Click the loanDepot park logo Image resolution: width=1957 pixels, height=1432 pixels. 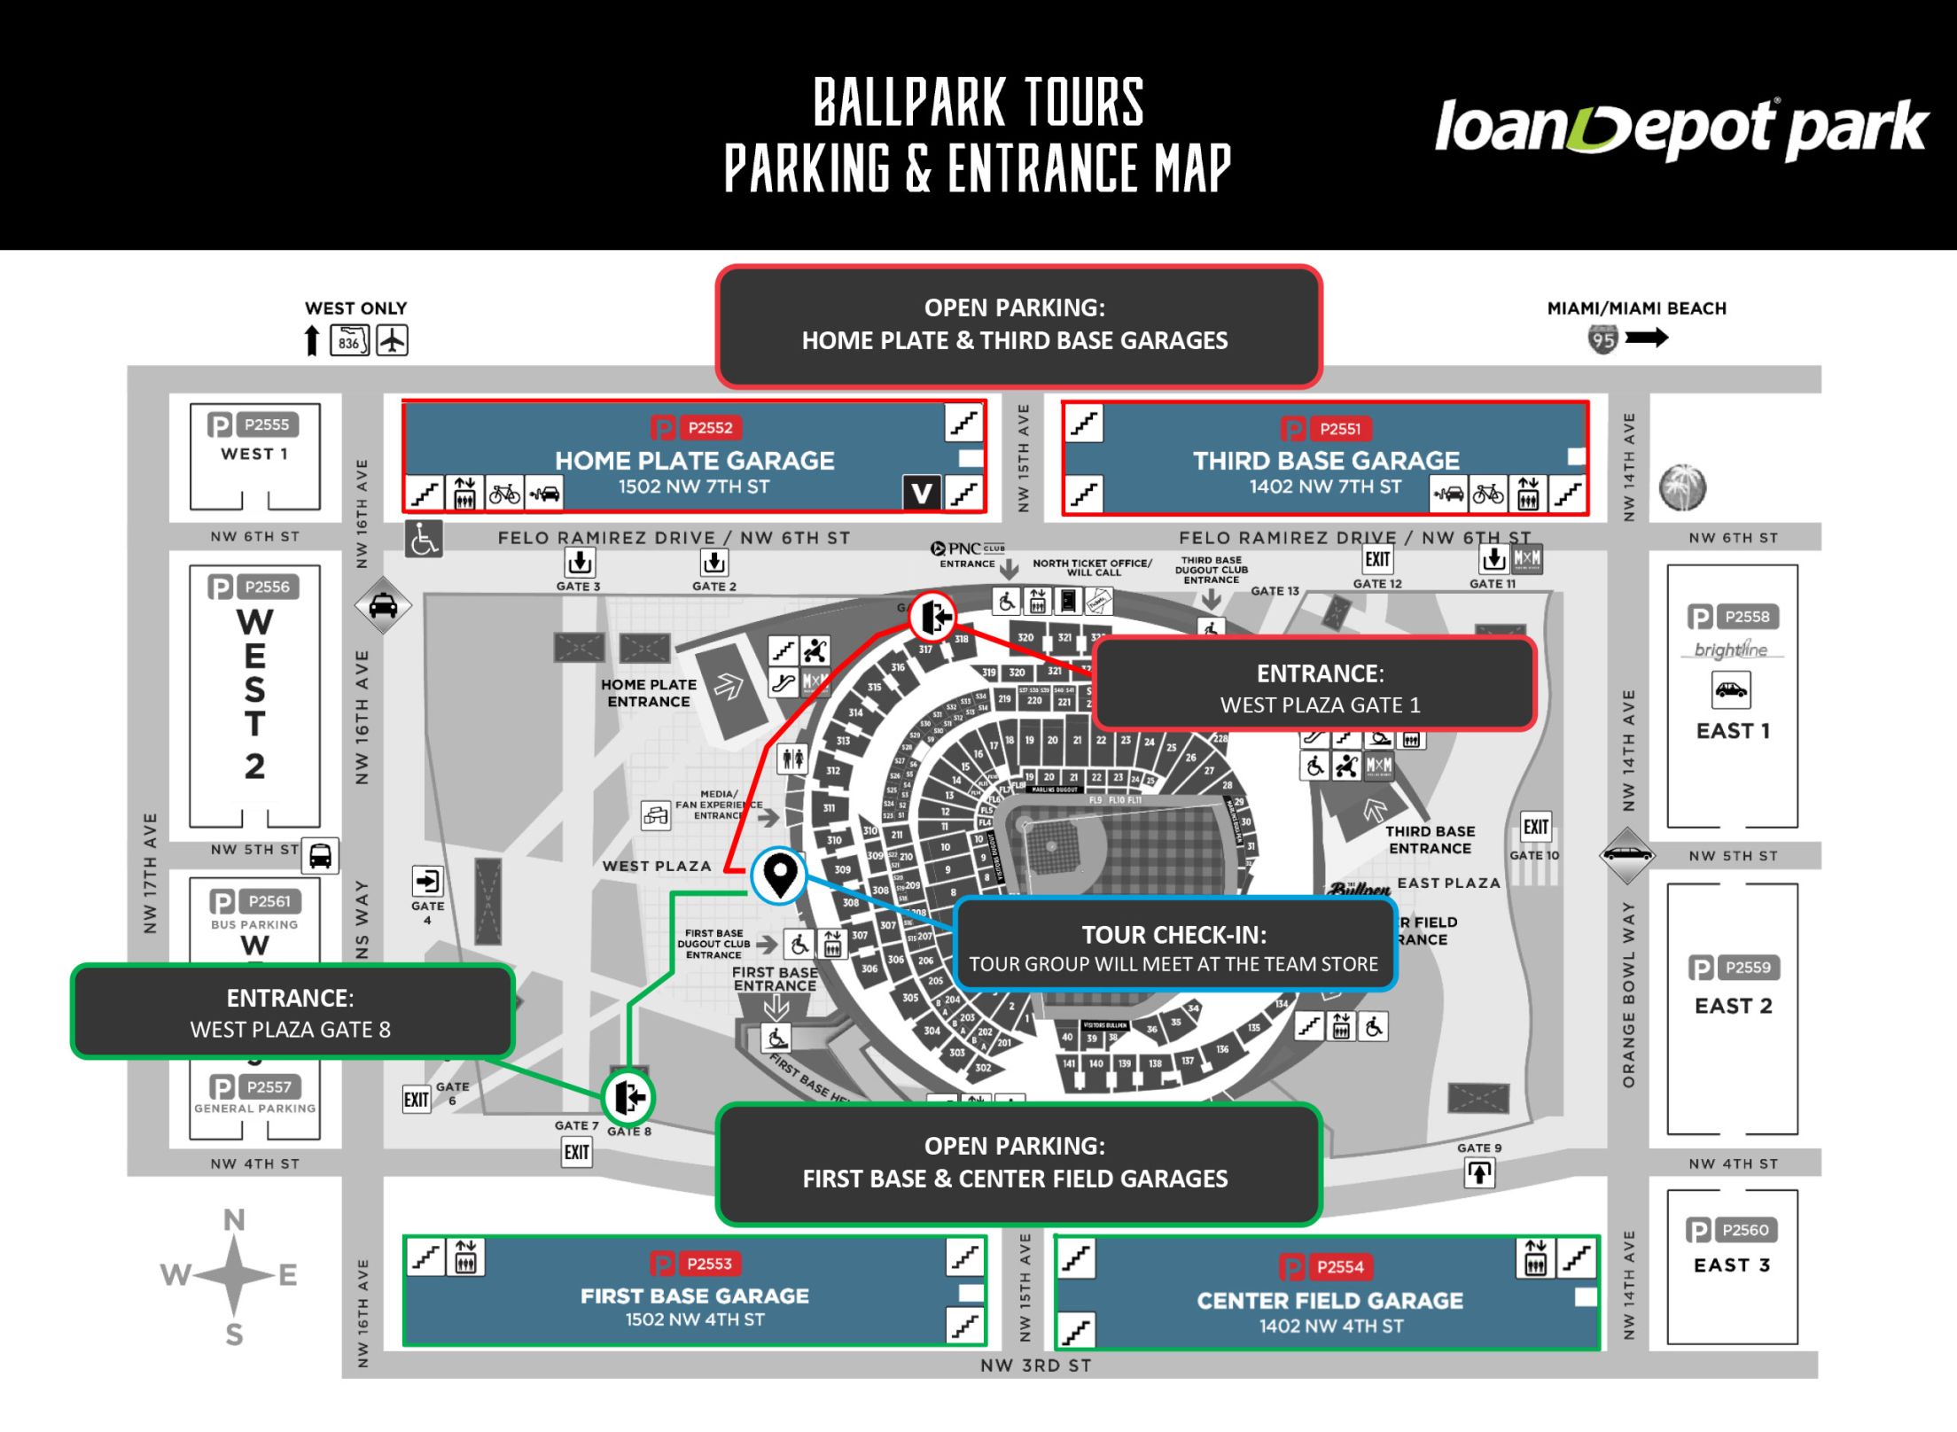[x=1680, y=128]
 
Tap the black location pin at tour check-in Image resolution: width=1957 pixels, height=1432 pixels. [x=779, y=874]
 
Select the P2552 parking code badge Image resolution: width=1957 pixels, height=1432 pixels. [x=710, y=428]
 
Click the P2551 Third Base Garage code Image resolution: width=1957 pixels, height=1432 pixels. [x=1339, y=429]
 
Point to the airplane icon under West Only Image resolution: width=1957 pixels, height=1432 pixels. [x=392, y=340]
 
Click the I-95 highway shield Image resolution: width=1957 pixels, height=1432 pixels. [x=1602, y=339]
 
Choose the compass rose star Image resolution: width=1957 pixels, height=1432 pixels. [x=233, y=1275]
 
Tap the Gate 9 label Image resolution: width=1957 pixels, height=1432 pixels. [x=1479, y=1148]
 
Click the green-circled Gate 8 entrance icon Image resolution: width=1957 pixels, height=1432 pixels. [x=628, y=1097]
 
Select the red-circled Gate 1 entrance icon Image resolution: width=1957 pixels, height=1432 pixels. [x=932, y=616]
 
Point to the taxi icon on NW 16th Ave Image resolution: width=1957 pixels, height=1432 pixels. [x=383, y=606]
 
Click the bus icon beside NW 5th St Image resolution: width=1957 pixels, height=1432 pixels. [x=320, y=856]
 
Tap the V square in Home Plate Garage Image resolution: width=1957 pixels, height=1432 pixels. [x=921, y=493]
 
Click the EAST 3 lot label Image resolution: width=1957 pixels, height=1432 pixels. [x=1732, y=1265]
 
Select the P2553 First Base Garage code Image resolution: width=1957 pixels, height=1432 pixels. [x=709, y=1264]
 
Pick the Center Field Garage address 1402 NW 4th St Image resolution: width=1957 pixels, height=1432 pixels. [x=1331, y=1326]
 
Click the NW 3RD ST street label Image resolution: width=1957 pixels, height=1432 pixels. [x=1035, y=1366]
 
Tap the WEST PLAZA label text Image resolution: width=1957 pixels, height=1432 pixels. [x=657, y=866]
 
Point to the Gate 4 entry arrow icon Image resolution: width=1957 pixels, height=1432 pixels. [x=427, y=881]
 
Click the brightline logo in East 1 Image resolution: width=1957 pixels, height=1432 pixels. [x=1731, y=650]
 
